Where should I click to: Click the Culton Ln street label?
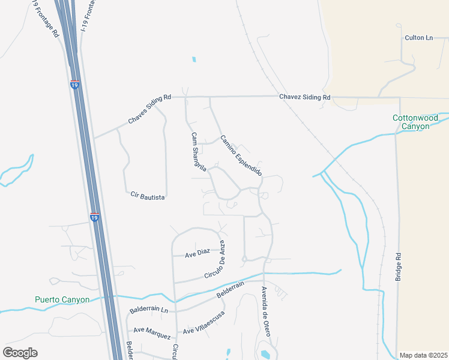(x=418, y=38)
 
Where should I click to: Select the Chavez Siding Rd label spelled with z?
(x=304, y=97)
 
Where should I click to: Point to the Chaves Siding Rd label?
(x=149, y=109)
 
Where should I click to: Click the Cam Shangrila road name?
(x=199, y=152)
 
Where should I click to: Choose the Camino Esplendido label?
(x=241, y=155)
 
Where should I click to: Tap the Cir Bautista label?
(x=148, y=195)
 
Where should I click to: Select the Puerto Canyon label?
(x=62, y=300)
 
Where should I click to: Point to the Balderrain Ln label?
(x=149, y=311)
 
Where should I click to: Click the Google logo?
(x=20, y=352)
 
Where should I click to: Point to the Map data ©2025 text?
(x=423, y=355)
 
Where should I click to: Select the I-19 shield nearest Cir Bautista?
(x=94, y=218)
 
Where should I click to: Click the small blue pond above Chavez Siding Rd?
(x=193, y=60)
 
